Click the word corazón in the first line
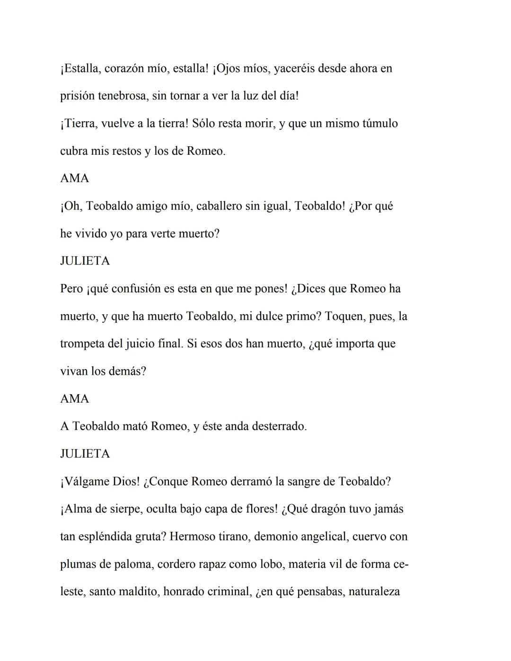pos(123,69)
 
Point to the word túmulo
pos(380,123)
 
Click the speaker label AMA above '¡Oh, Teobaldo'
pos(75,178)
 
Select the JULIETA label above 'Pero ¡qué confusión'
pos(85,261)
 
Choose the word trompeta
pos(82,344)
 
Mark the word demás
pos(127,371)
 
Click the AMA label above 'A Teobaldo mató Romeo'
pos(75,399)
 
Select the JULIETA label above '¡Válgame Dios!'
pos(85,454)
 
